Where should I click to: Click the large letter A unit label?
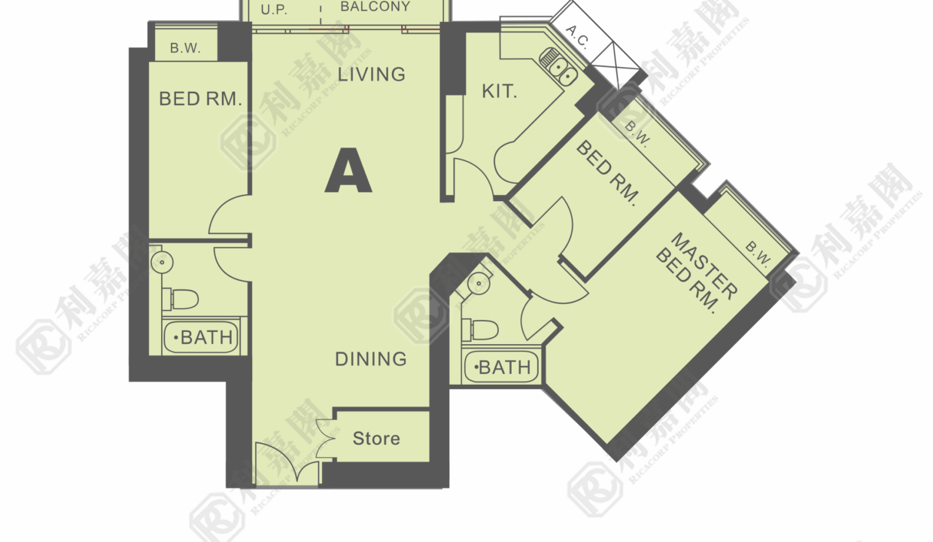[x=348, y=170]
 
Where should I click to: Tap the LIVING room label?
[x=371, y=75]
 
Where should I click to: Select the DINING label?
[x=371, y=359]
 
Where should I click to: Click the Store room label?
[x=376, y=438]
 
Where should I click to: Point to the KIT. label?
[x=500, y=91]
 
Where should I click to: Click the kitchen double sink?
[x=558, y=67]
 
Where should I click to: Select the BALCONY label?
[x=375, y=7]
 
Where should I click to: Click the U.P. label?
[x=274, y=10]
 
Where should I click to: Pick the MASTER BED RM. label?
[x=696, y=273]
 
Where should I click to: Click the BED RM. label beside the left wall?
[x=200, y=99]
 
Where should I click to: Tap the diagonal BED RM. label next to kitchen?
[x=607, y=173]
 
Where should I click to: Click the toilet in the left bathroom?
[x=181, y=299]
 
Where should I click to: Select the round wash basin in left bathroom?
[x=162, y=262]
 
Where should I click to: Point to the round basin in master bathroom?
[x=479, y=284]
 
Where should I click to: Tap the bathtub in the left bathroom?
[x=201, y=337]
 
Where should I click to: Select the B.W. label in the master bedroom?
[x=758, y=254]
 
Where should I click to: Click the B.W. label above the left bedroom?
[x=185, y=48]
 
